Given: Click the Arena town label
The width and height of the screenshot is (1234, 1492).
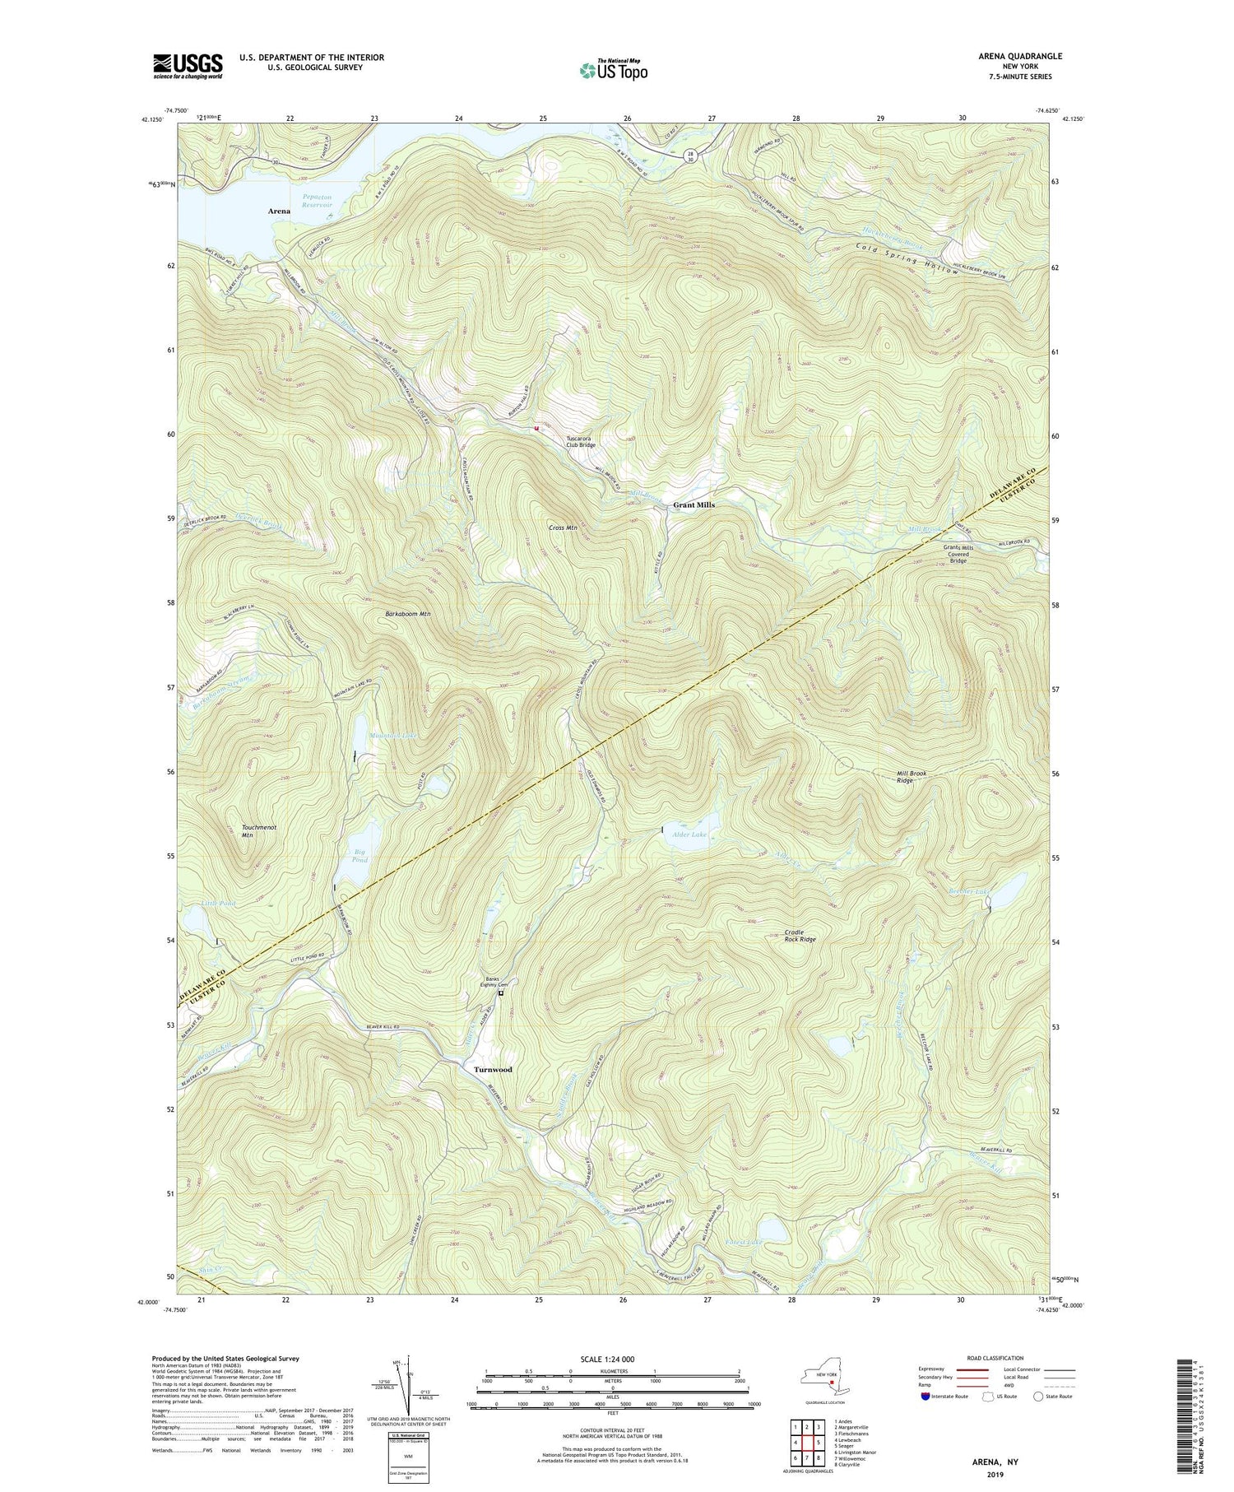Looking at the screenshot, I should pos(279,211).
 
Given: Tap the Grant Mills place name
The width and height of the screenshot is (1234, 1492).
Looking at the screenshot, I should pos(694,504).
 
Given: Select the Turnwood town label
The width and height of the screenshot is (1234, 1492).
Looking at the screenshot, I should pos(493,1070).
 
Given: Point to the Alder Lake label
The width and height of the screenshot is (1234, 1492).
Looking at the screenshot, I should pos(689,834).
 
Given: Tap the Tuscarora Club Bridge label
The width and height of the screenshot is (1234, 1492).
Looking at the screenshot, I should pos(581,442).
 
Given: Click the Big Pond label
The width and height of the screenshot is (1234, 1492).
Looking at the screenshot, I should pos(360,856).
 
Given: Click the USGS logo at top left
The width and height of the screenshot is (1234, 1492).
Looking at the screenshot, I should pos(188,66).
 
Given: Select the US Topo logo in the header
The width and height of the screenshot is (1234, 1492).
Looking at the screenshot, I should pos(613,70).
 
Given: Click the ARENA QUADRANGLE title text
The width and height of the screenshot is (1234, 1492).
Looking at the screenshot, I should pos(1020,56).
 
